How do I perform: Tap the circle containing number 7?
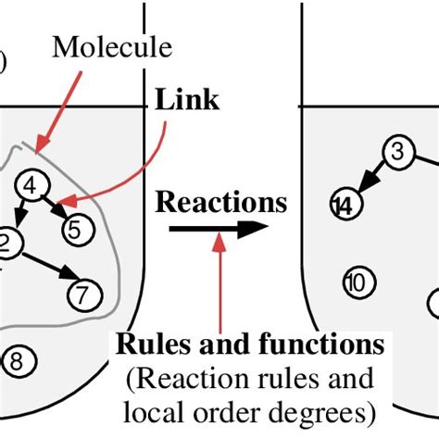coord(82,295)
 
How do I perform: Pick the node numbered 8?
coord(21,357)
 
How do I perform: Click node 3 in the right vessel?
coord(397,152)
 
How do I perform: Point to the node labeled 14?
coord(345,205)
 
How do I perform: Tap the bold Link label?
coord(188,100)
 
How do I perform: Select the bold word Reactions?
coord(220,202)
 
